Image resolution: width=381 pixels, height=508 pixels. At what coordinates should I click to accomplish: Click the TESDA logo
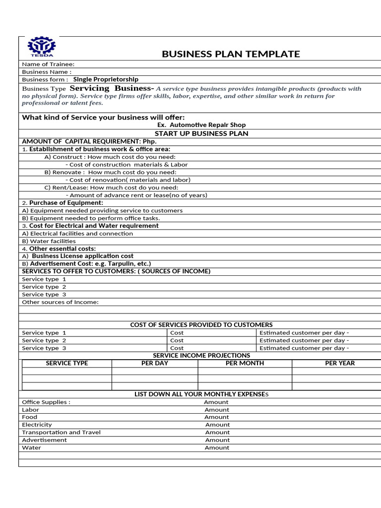[42, 48]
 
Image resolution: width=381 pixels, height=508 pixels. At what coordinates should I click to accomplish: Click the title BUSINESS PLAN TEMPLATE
[231, 54]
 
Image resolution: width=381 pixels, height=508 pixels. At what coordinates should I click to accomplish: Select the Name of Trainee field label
[48, 64]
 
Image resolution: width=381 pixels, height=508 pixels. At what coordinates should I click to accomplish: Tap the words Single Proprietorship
[106, 79]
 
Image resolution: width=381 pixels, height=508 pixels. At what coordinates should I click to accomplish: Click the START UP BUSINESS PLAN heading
[201, 133]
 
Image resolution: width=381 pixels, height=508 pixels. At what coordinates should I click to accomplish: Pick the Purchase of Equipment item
[66, 203]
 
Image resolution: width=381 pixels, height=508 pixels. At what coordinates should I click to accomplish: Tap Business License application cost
[82, 256]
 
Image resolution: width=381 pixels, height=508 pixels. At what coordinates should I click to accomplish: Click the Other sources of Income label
[60, 302]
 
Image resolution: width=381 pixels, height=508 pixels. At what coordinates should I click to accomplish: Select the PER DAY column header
[155, 363]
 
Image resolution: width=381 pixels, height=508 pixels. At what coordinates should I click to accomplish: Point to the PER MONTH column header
[245, 363]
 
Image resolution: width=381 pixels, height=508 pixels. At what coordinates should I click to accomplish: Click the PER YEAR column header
[340, 363]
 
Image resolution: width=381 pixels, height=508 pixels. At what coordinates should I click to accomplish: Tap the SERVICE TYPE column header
[67, 363]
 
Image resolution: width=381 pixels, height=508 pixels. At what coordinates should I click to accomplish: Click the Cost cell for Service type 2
[177, 340]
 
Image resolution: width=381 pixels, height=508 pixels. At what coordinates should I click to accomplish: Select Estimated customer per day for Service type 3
[304, 348]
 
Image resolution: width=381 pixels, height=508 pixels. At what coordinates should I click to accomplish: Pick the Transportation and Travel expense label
[61, 432]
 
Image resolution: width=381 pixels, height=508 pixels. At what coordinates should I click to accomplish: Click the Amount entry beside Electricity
[217, 425]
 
